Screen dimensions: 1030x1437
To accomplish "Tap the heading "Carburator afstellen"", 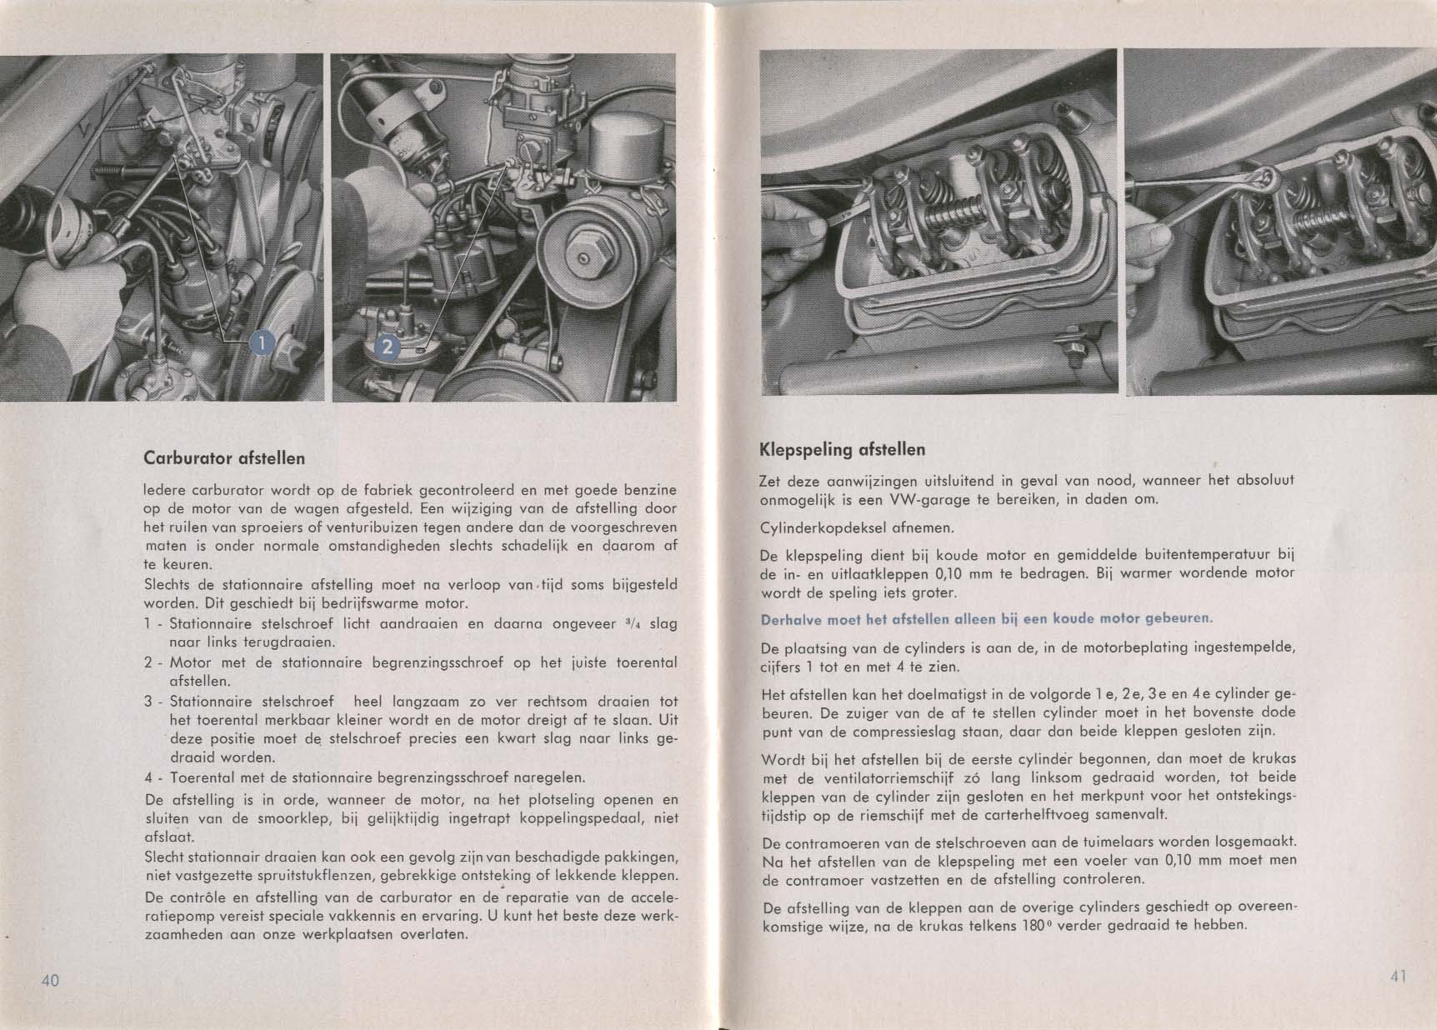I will coord(224,458).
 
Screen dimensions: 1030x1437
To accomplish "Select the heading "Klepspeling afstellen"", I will coord(842,450).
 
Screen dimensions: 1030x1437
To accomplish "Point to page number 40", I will coord(50,980).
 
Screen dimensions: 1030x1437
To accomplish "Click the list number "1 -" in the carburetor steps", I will coord(153,624).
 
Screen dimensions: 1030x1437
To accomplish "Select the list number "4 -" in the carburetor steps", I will coord(153,778).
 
